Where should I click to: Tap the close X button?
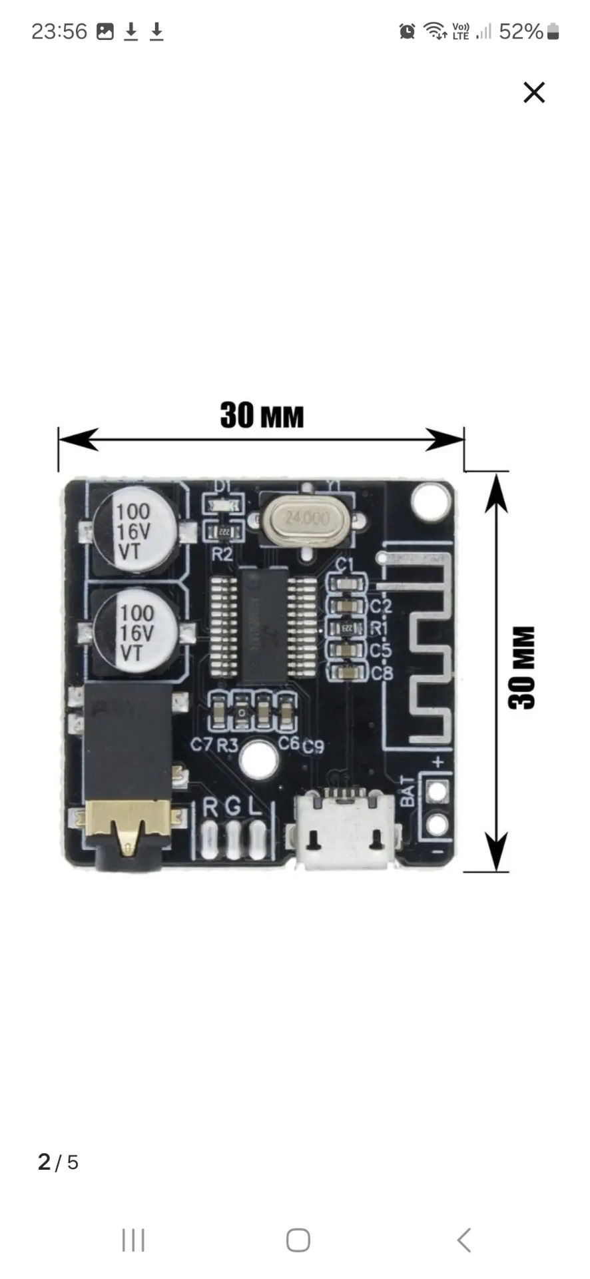pos(534,93)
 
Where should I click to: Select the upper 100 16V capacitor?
pos(135,531)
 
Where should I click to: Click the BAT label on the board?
pos(408,791)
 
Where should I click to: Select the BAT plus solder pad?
pos(437,791)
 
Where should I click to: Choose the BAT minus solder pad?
pos(437,825)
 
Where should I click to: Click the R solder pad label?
pos(210,807)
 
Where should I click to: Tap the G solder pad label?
pos(233,807)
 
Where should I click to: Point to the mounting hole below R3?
pos(259,759)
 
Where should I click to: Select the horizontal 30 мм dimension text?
pos(262,415)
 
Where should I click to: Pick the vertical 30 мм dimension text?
pos(523,667)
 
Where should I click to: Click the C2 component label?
pos(381,606)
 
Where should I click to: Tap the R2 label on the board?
pos(222,554)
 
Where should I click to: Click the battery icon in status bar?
pos(553,31)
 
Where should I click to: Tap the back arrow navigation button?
pos(464,1240)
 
